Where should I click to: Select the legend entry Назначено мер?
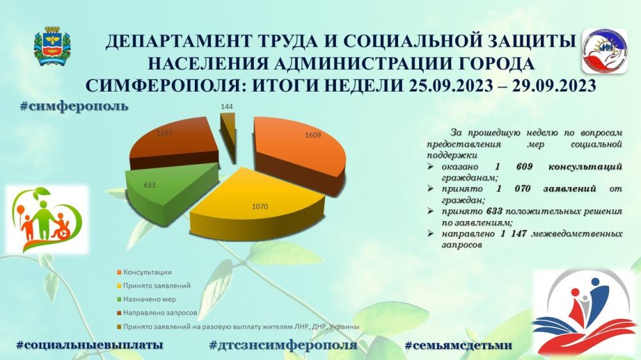pyautogui.click(x=151, y=299)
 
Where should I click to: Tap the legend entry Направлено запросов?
pyautogui.click(x=160, y=313)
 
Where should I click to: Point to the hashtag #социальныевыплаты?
pyautogui.click(x=89, y=345)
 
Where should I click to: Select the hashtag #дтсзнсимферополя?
pyautogui.click(x=283, y=345)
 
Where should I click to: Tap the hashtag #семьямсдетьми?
pyautogui.click(x=458, y=345)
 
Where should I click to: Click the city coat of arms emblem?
pyautogui.click(x=52, y=45)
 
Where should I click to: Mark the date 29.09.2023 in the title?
pyautogui.click(x=549, y=86)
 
